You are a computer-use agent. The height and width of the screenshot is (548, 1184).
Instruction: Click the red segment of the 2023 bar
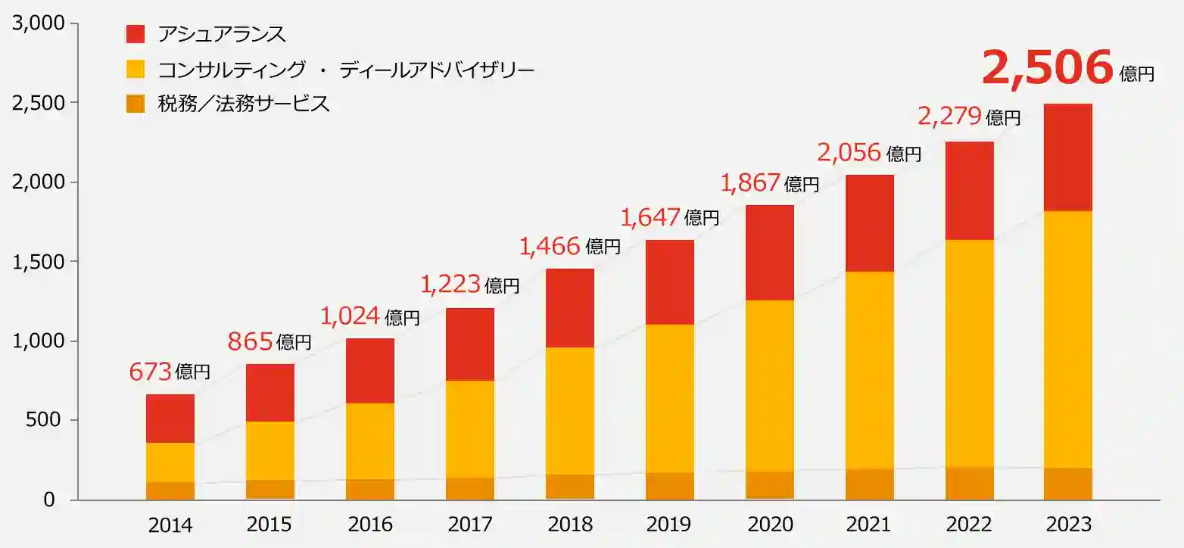(1067, 157)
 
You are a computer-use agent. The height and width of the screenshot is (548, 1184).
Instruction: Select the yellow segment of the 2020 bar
(770, 386)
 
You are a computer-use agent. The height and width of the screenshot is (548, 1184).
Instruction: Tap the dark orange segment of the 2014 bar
(170, 490)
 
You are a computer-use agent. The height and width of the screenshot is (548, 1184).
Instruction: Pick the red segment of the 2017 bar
(470, 344)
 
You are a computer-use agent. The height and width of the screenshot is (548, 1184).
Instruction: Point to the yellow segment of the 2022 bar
(970, 353)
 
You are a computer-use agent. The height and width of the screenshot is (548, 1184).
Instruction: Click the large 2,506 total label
(1047, 68)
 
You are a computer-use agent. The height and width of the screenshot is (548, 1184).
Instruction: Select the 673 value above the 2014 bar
(151, 372)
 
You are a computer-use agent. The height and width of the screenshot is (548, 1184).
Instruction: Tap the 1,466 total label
(550, 245)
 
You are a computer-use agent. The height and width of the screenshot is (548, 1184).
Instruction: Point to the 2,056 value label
(849, 153)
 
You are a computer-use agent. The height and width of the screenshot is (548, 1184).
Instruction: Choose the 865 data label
(250, 342)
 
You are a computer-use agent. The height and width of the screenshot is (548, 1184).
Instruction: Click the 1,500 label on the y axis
(35, 262)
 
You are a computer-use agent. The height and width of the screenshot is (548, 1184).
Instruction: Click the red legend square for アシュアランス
(135, 34)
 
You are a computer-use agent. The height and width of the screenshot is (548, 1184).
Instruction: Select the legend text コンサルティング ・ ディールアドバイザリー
(346, 70)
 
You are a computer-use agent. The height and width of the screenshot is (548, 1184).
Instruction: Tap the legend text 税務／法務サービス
(244, 104)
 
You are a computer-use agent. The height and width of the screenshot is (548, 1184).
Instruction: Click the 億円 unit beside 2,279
(1004, 117)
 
